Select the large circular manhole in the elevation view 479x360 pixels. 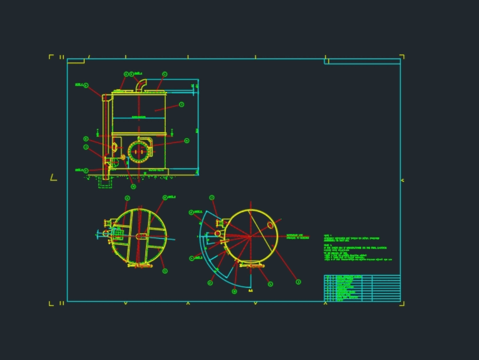coord(139,151)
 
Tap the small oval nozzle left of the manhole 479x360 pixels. coord(114,146)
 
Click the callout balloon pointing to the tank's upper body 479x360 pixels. coord(182,105)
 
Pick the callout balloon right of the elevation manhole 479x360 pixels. coord(187,140)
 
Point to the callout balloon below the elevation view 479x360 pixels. coord(133,186)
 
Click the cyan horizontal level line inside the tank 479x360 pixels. coord(138,117)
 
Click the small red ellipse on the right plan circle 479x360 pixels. coord(270,225)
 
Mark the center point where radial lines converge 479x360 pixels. coord(250,236)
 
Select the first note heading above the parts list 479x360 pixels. coord(328,235)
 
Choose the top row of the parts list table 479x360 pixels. coord(362,277)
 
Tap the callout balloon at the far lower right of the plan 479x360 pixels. coord(298,282)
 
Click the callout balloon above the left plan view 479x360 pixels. coord(127,198)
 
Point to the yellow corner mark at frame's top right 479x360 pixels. coord(402,57)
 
